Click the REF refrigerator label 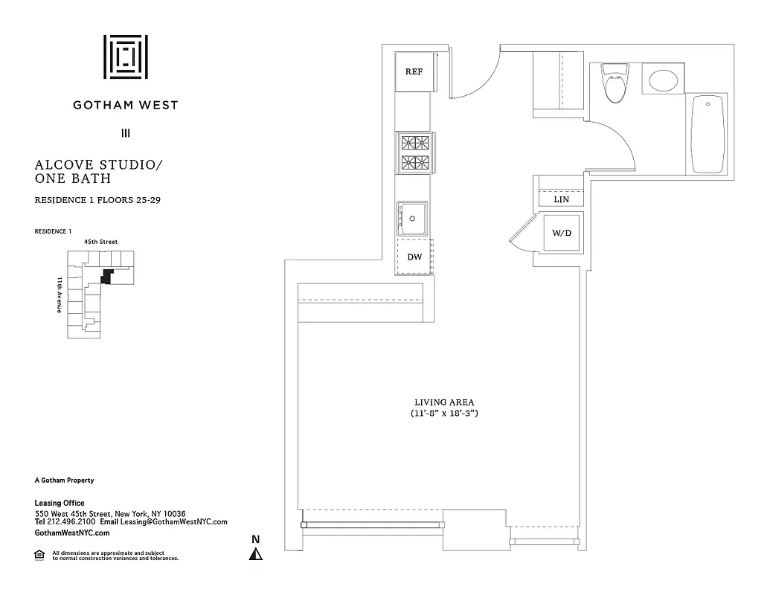tap(414, 72)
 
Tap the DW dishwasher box tap(414, 257)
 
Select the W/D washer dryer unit tap(562, 233)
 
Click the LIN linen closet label tap(562, 200)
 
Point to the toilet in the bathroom tap(615, 83)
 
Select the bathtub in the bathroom tap(708, 135)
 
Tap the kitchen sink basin tap(411, 218)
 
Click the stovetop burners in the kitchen tap(415, 152)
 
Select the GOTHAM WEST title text tap(125, 105)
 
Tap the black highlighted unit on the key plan tap(107, 276)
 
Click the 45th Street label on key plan tap(100, 242)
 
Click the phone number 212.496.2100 tap(71, 522)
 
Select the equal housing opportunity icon tap(39, 554)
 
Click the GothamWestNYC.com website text tap(72, 533)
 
